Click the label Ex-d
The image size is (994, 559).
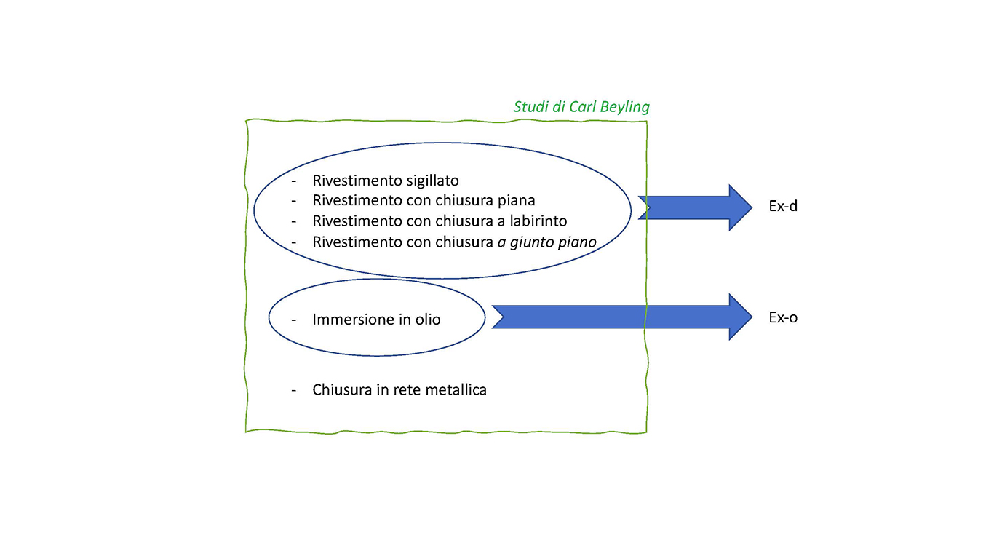783,206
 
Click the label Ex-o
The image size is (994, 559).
783,317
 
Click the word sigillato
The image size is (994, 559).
432,181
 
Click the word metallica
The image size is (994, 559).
456,390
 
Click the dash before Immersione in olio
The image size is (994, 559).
294,320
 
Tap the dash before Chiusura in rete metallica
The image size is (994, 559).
294,390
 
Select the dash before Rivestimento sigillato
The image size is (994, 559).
294,181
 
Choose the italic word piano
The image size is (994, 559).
579,242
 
